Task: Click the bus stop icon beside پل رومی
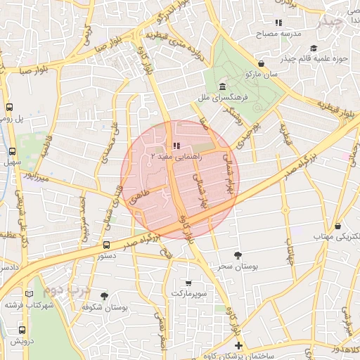pos(9,108)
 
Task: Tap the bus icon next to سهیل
pos(12,151)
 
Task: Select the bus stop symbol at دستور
pos(106,245)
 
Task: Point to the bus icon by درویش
pos(22,329)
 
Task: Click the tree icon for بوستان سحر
pos(238,255)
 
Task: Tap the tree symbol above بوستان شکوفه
pos(105,295)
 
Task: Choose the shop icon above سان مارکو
pos(261,63)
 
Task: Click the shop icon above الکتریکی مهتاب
pos(339,226)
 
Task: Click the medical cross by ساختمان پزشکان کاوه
pos(238,345)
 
